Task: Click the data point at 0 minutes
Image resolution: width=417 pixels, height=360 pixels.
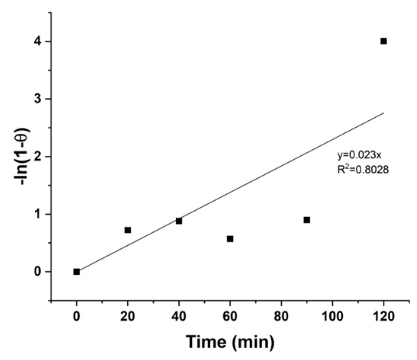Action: pos(77,272)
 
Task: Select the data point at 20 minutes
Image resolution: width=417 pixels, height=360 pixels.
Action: pos(128,230)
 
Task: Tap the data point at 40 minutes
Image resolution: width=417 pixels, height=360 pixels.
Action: pos(179,221)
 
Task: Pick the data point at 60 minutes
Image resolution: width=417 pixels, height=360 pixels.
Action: pos(230,239)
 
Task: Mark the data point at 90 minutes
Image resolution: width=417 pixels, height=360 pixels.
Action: pos(307,220)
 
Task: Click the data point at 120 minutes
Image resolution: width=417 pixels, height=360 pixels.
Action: pos(384,41)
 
